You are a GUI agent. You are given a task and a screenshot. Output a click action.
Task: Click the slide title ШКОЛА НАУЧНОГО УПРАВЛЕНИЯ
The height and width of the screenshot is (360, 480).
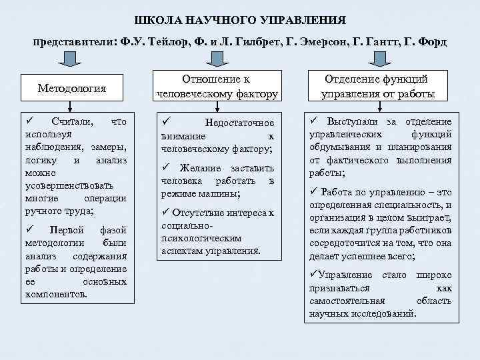(x=240, y=19)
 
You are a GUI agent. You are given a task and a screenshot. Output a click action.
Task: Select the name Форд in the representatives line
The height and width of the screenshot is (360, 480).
(x=433, y=42)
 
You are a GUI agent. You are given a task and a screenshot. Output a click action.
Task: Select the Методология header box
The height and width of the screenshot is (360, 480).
(x=72, y=87)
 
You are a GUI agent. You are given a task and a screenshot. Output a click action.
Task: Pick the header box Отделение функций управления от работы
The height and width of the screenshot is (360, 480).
(x=378, y=86)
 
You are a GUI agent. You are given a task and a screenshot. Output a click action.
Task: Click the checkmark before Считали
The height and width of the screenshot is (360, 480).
(x=29, y=121)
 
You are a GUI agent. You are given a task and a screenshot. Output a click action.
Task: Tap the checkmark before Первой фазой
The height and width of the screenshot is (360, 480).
(x=29, y=229)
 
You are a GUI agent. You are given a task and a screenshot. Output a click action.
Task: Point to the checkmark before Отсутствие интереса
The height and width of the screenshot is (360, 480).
(x=167, y=213)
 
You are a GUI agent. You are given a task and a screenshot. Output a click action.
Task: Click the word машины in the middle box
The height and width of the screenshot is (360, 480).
(x=219, y=194)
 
